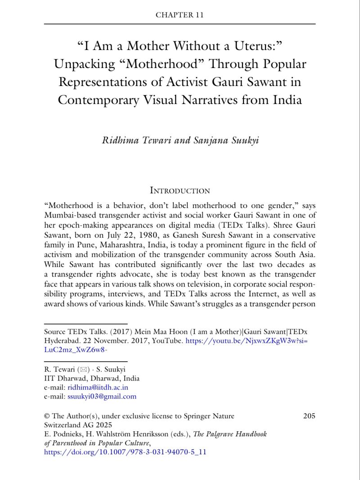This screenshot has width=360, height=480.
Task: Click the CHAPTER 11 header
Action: pyautogui.click(x=180, y=15)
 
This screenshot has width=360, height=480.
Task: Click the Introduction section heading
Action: pyautogui.click(x=180, y=190)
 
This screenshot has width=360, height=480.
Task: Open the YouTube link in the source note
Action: pyautogui.click(x=247, y=341)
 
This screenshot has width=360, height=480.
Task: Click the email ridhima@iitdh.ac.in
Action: pyautogui.click(x=98, y=387)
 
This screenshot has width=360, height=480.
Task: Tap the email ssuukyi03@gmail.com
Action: pyautogui.click(x=102, y=397)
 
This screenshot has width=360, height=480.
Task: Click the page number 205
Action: pyautogui.click(x=309, y=416)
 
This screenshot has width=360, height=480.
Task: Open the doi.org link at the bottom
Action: pyautogui.click(x=125, y=452)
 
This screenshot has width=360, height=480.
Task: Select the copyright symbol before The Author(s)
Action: pyautogui.click(x=47, y=416)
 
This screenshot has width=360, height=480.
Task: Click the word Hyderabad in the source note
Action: pyautogui.click(x=63, y=341)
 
